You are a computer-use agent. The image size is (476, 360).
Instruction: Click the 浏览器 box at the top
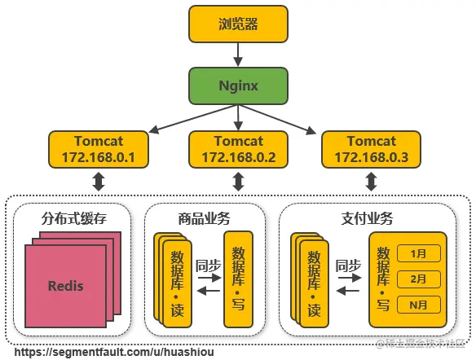coord(238,24)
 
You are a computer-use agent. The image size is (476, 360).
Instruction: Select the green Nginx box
coord(238,86)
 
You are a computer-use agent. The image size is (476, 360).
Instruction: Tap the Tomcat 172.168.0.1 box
coord(99,149)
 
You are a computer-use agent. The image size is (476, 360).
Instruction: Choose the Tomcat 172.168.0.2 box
coord(238,149)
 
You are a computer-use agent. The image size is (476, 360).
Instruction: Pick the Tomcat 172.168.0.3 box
coord(370,149)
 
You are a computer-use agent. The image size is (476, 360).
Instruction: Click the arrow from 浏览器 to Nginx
coord(238,55)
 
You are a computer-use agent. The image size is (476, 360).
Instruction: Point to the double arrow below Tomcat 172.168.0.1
coord(99,182)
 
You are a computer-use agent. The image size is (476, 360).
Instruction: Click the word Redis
coord(65,286)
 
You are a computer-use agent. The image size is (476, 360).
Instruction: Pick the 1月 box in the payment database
coord(419,253)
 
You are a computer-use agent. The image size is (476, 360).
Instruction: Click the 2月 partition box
coord(419,279)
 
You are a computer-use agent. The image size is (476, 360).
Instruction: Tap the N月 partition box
coord(419,305)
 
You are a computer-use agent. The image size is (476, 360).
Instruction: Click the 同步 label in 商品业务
coord(209,265)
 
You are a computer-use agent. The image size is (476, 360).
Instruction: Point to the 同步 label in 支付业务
coord(348,265)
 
